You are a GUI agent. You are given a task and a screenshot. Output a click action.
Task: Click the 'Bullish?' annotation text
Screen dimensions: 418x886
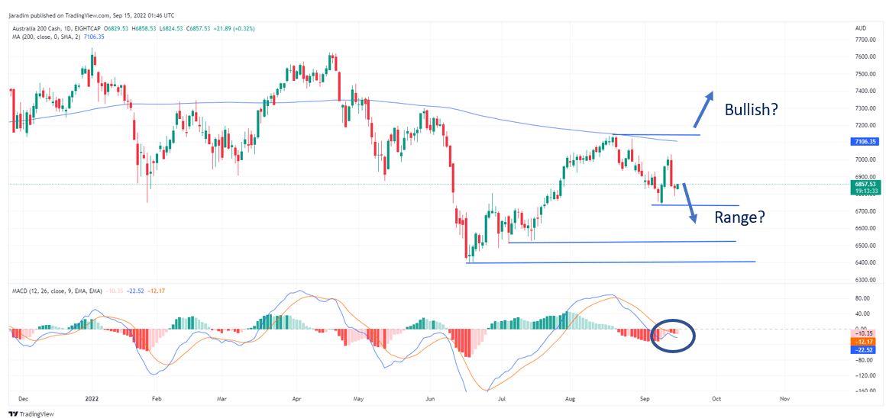pos(751,110)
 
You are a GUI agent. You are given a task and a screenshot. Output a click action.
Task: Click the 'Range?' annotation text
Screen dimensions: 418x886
pos(739,217)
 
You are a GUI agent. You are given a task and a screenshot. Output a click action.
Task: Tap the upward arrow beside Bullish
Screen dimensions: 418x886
pos(703,110)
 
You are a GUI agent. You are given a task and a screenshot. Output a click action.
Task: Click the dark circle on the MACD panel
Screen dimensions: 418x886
pos(672,335)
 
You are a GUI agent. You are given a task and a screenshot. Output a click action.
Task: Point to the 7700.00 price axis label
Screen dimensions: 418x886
pos(865,40)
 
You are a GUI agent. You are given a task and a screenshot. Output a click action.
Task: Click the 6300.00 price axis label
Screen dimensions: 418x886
pos(865,280)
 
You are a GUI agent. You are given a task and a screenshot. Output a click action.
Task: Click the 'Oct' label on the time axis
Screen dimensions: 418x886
pos(715,398)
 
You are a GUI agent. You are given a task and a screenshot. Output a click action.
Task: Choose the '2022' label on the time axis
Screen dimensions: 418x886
pos(92,398)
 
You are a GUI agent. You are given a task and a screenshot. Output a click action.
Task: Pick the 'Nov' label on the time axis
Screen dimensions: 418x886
pos(784,398)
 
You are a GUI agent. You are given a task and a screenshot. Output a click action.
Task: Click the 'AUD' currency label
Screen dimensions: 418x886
pos(860,27)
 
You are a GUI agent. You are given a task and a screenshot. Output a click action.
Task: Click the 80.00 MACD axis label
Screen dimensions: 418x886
pos(864,298)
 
